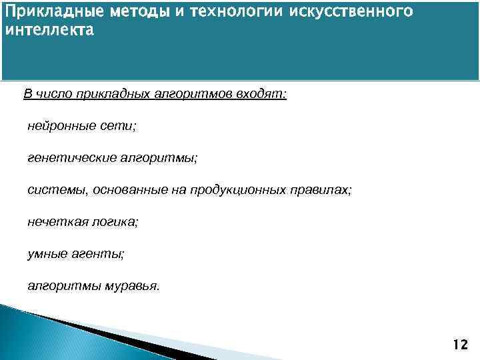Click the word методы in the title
pyautogui.click(x=114, y=13)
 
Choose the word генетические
pyautogui.click(x=70, y=158)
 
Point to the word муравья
pyautogui.click(x=133, y=286)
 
